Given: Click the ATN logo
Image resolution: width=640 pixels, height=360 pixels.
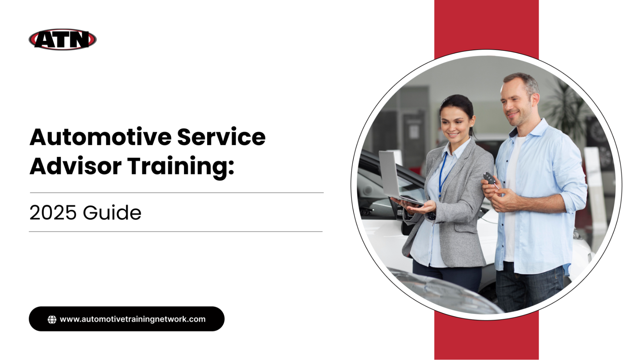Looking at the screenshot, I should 62,40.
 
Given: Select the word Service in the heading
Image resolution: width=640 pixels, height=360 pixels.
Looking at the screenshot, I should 221,137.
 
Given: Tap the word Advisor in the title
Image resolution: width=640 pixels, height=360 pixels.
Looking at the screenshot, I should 76,166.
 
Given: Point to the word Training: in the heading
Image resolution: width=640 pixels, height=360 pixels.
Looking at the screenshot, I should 181,166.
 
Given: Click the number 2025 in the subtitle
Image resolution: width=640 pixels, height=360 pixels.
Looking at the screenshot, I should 53,213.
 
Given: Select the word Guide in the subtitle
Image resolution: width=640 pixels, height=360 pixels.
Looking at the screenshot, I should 112,213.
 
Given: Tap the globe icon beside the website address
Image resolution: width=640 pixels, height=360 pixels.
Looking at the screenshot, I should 52,319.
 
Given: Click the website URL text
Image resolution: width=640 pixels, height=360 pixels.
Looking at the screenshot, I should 133,319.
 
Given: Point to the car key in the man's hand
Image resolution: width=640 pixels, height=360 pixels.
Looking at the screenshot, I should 490,179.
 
